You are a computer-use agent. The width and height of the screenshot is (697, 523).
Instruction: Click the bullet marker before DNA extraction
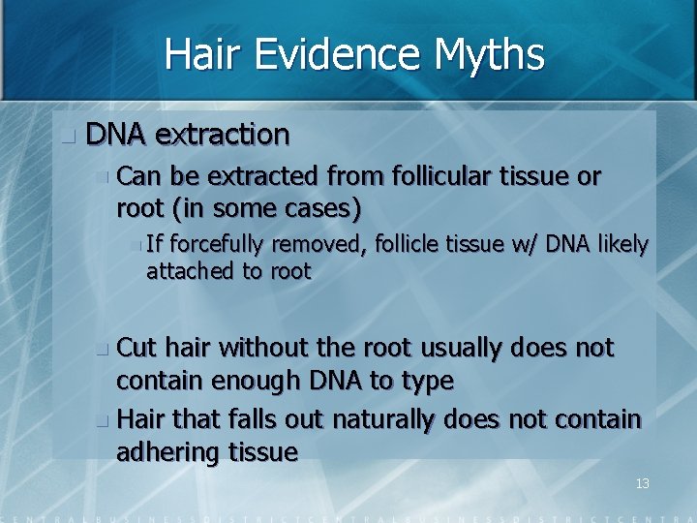[x=66, y=137]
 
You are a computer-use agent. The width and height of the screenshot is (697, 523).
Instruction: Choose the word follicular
[x=442, y=176]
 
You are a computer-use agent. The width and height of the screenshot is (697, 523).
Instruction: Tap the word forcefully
[x=220, y=245]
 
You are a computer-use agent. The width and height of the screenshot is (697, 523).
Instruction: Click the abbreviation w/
[x=522, y=245]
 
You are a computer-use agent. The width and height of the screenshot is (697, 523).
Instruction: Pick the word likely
[x=621, y=245]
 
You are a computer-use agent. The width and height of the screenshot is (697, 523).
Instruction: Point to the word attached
[x=191, y=271]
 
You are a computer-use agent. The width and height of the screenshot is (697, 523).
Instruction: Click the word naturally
[x=374, y=419]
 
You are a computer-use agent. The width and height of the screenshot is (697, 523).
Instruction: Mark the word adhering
[x=166, y=452]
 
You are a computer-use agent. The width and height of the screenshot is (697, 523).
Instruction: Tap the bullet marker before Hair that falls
[x=104, y=421]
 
